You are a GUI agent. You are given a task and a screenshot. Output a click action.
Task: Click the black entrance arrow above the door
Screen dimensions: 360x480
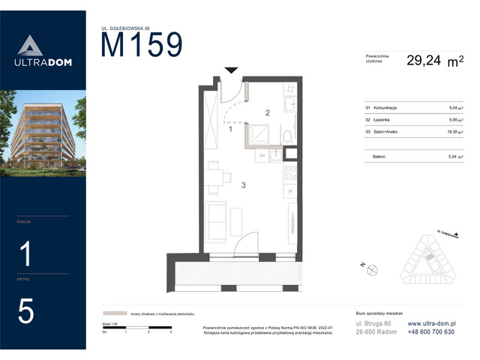232,70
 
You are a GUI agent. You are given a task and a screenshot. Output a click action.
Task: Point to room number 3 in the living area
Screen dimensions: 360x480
242,183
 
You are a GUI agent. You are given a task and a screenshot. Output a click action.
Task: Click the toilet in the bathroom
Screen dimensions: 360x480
288,135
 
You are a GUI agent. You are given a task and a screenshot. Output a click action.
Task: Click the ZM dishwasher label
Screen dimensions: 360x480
262,155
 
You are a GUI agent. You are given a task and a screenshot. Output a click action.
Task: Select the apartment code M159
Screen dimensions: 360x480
142,46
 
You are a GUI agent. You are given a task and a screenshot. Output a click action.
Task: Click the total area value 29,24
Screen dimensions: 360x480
424,62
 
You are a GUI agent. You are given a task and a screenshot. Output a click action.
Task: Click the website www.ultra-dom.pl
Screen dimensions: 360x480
436,323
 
